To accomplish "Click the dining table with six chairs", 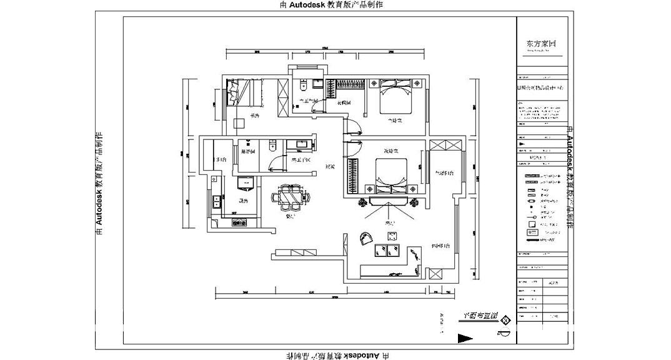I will click(x=291, y=197).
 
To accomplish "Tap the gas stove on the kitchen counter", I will click(x=240, y=222).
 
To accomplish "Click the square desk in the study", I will click(x=239, y=122).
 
